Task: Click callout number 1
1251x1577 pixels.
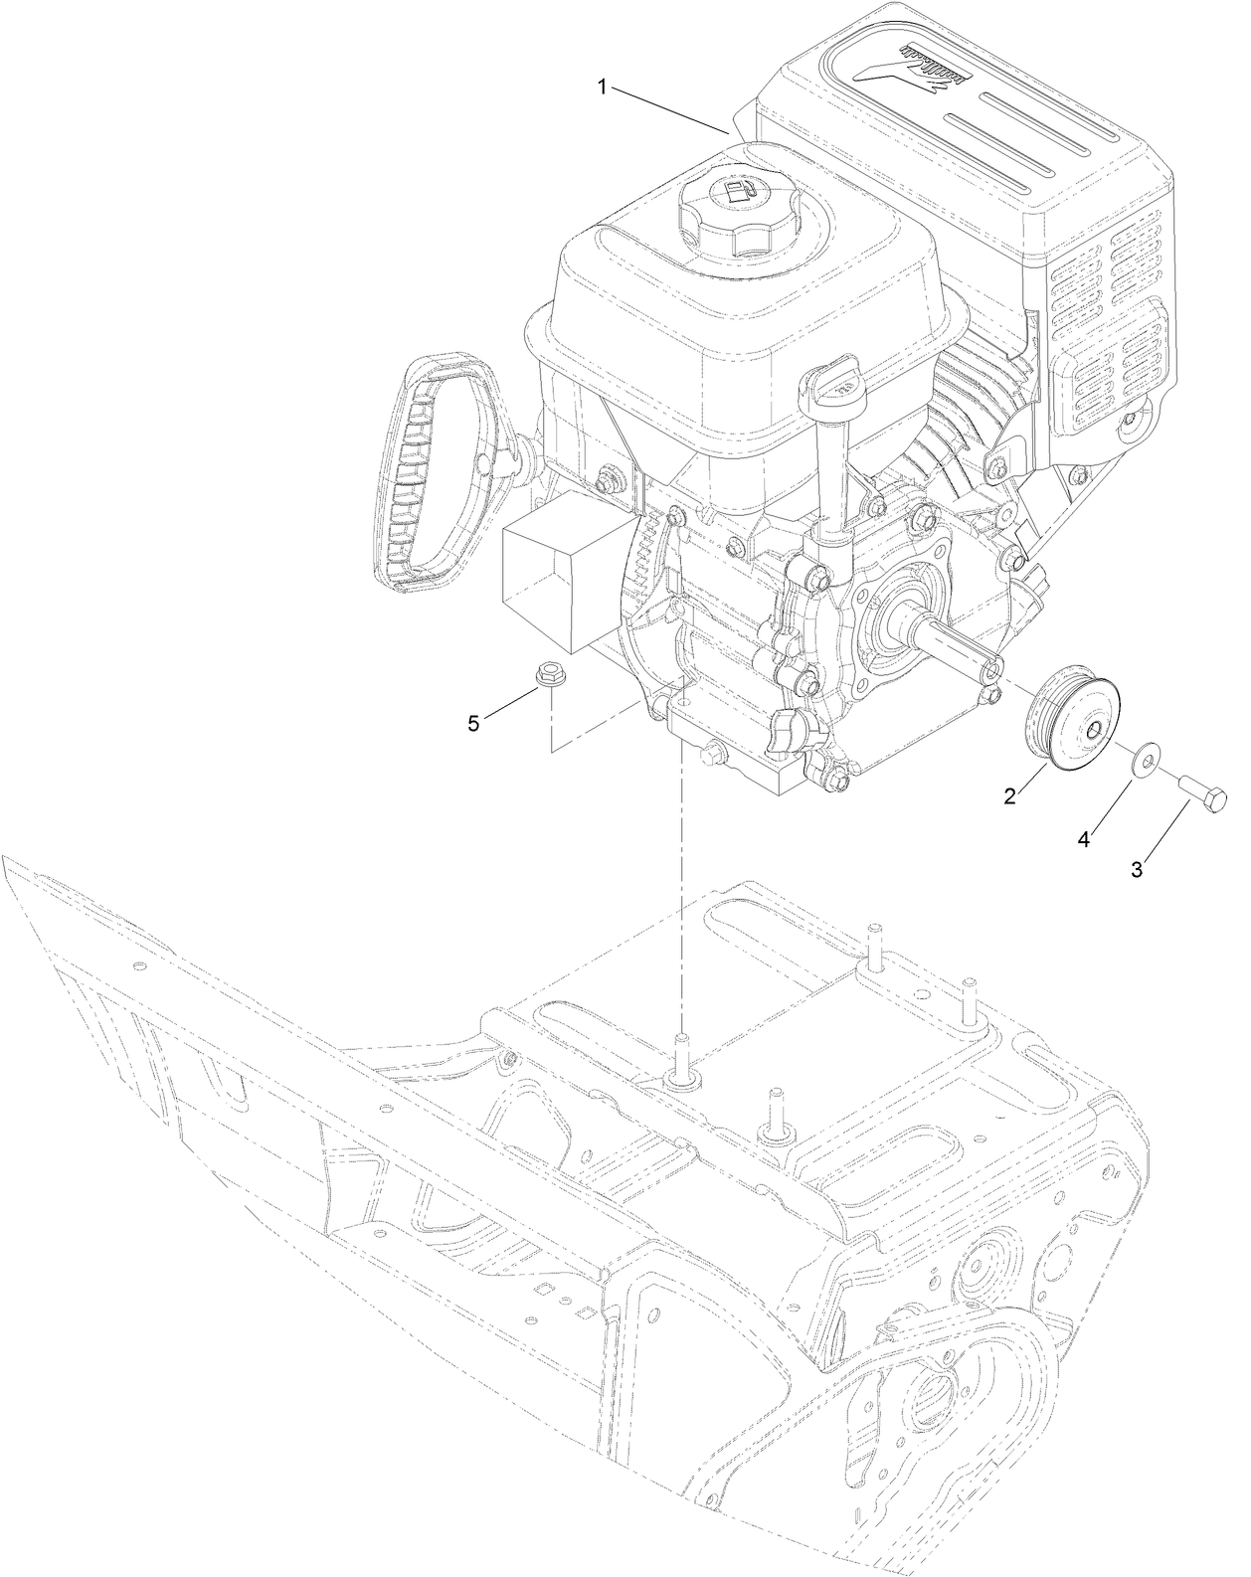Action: [x=603, y=88]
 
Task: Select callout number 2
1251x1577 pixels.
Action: [x=1009, y=795]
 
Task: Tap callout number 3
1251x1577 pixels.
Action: [x=1136, y=868]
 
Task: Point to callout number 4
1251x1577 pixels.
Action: [x=1084, y=840]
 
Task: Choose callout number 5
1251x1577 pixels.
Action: [x=473, y=723]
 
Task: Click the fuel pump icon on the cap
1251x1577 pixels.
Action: [x=735, y=191]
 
